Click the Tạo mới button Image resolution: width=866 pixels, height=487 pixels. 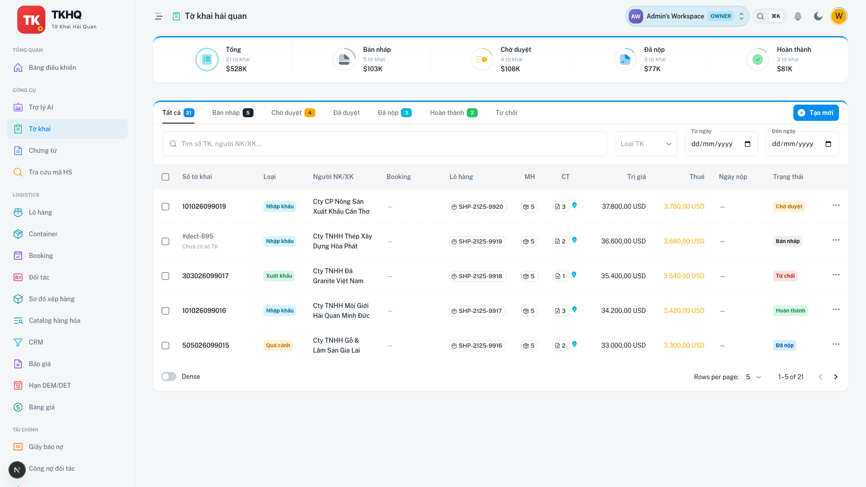(x=816, y=113)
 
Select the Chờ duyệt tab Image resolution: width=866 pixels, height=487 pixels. (x=293, y=113)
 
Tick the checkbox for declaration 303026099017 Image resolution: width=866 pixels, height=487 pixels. (x=166, y=276)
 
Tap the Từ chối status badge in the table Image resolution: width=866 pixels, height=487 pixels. (x=785, y=276)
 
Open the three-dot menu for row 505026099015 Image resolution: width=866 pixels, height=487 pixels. (x=836, y=344)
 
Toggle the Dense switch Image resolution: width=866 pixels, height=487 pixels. (x=169, y=377)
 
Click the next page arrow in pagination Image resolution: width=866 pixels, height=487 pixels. (x=835, y=377)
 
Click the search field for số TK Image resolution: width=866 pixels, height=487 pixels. (x=384, y=144)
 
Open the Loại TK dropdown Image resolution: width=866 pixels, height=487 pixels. (x=645, y=144)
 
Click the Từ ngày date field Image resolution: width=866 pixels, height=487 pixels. (x=721, y=144)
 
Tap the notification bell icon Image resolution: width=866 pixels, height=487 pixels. (x=797, y=16)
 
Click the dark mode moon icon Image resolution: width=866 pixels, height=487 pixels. (x=818, y=16)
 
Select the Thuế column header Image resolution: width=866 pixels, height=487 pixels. (x=696, y=177)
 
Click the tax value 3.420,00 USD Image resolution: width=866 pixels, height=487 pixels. (x=684, y=311)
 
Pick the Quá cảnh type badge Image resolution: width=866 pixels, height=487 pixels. (x=278, y=345)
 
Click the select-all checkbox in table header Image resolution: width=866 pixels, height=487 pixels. (x=166, y=177)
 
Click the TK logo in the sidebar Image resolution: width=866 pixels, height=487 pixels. (x=31, y=20)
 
